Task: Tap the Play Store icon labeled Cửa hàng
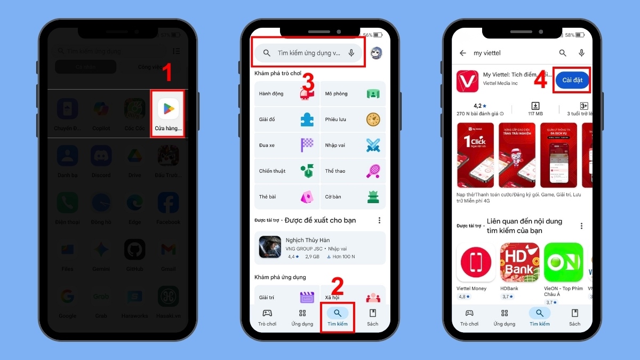pyautogui.click(x=168, y=109)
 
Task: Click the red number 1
pyautogui.click(x=167, y=73)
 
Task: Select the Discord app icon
pyautogui.click(x=101, y=156)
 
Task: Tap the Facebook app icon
pyautogui.click(x=168, y=203)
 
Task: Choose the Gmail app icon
pyautogui.click(x=168, y=249)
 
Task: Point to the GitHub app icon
pyautogui.click(x=134, y=249)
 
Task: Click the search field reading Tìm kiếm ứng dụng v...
pyautogui.click(x=309, y=53)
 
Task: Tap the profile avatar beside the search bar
pyautogui.click(x=377, y=53)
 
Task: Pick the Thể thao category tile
pyautogui.click(x=353, y=171)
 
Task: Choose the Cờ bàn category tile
pyautogui.click(x=353, y=197)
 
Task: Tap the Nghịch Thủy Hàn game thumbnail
pyautogui.click(x=270, y=247)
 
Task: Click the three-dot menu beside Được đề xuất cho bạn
pyautogui.click(x=379, y=220)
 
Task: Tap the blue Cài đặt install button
pyautogui.click(x=572, y=80)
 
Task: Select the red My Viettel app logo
pyautogui.click(x=467, y=80)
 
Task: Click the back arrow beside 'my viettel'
pyautogui.click(x=463, y=53)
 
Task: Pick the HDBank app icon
pyautogui.click(x=519, y=262)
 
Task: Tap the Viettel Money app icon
pyautogui.click(x=476, y=262)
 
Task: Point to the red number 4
pyautogui.click(x=541, y=80)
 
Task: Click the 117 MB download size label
pyautogui.click(x=535, y=114)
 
